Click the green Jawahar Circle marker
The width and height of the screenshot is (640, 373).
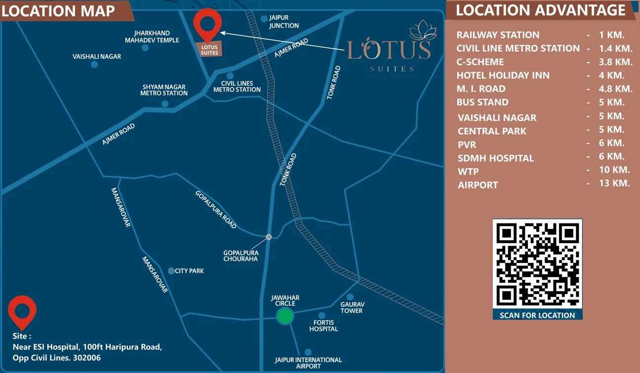click(284, 316)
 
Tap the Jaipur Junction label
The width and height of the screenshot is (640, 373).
click(284, 22)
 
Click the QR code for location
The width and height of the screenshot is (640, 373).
click(537, 264)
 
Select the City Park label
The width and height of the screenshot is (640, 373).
click(189, 271)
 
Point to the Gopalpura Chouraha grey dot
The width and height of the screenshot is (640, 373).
click(269, 237)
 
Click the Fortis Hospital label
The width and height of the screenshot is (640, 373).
click(323, 326)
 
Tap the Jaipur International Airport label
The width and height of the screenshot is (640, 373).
click(308, 363)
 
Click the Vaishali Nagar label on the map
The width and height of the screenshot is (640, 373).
click(97, 57)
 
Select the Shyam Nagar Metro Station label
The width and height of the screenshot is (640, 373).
click(164, 90)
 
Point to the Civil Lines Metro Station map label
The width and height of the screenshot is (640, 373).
click(237, 86)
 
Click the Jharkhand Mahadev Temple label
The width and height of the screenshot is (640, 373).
click(152, 37)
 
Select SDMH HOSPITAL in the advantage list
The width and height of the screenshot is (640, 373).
click(495, 158)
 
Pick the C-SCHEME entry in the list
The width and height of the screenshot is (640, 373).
click(480, 62)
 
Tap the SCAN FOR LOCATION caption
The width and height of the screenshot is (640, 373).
click(537, 315)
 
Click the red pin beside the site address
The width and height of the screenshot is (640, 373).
click(22, 311)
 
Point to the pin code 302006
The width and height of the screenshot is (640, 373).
click(86, 358)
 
